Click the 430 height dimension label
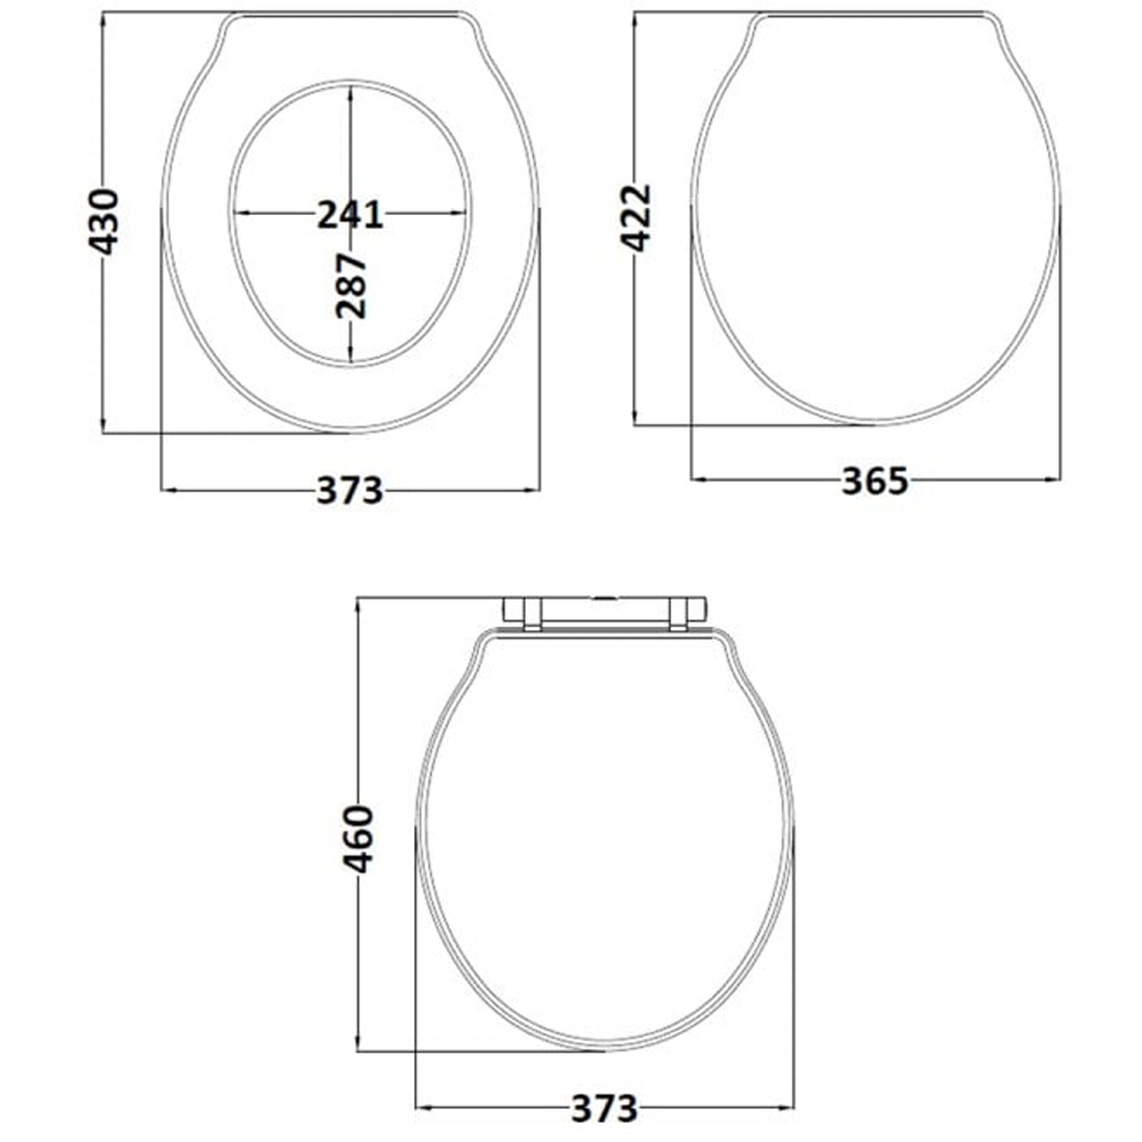tap(104, 222)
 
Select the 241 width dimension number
tap(350, 214)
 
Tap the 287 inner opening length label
tap(351, 286)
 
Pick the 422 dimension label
tap(636, 218)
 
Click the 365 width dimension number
tap(875, 481)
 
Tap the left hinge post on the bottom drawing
tap(532, 615)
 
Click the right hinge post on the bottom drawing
tap(678, 615)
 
